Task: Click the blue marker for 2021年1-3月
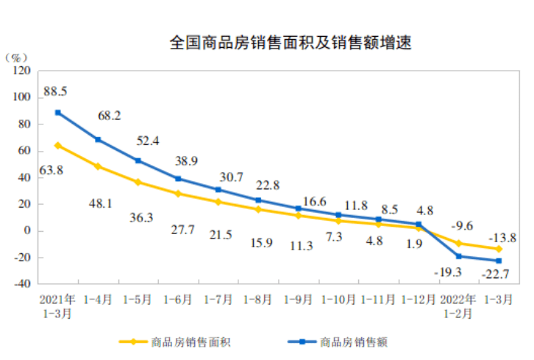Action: (x=57, y=113)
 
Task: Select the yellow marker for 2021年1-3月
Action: (x=57, y=145)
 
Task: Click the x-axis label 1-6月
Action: (x=177, y=300)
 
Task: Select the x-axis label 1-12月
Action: (x=418, y=300)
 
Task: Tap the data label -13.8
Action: (x=499, y=238)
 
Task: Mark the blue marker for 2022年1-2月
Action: (x=458, y=256)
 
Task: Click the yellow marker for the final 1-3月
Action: (x=498, y=249)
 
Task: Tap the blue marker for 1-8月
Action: (x=258, y=200)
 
